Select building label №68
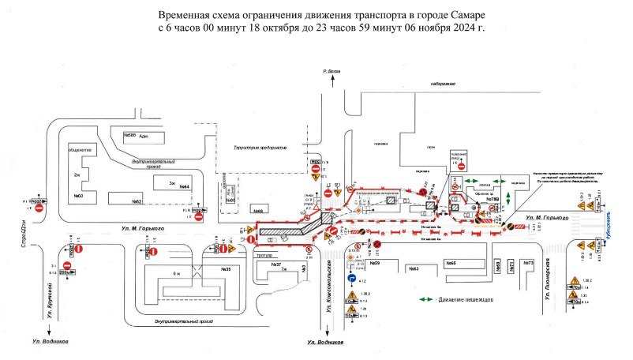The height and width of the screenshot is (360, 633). coord(257,211)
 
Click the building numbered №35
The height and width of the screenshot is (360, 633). coord(225,269)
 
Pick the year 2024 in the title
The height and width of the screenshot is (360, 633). coord(455,27)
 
